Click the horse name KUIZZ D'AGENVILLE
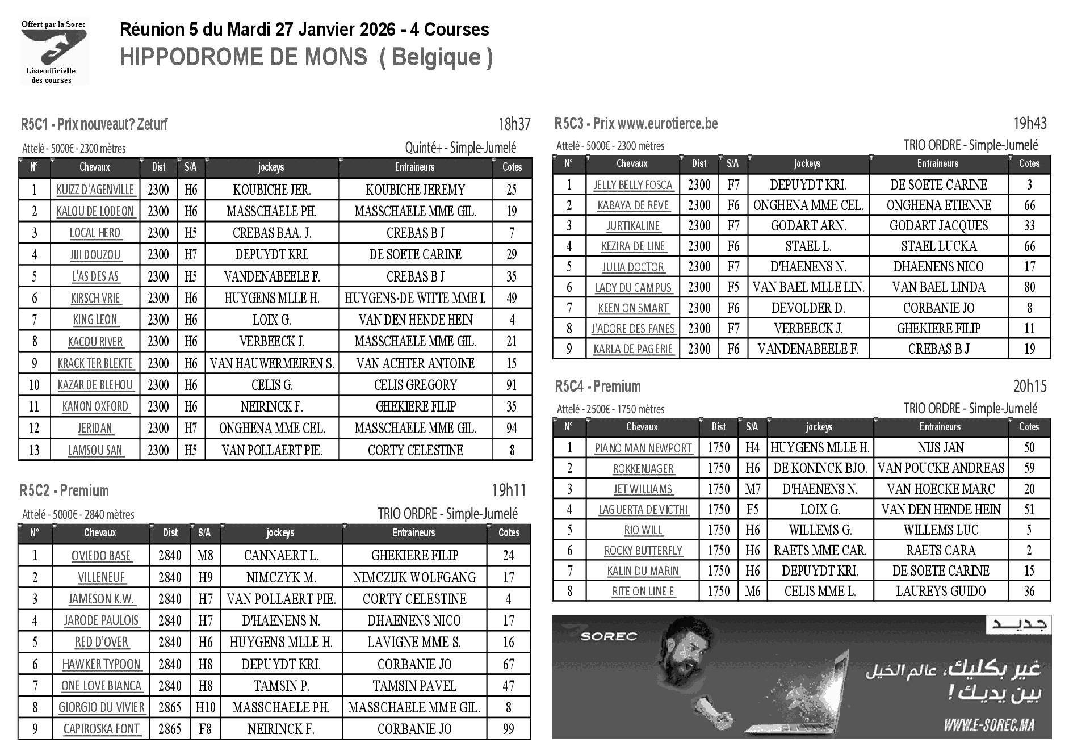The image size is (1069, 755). point(95,190)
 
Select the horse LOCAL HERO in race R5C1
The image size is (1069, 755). point(95,233)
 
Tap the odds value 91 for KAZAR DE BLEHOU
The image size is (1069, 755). point(512,385)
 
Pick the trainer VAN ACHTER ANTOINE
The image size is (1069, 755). point(415,363)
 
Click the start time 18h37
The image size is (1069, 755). point(514,124)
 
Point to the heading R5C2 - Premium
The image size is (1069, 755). point(64,490)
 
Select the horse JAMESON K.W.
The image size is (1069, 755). point(101,599)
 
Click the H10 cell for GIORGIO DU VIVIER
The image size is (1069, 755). point(205,707)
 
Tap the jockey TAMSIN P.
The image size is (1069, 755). point(281,686)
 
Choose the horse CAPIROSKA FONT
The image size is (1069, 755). point(101,729)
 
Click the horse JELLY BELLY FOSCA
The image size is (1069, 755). point(632,185)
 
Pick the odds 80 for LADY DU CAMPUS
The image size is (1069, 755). point(1029,287)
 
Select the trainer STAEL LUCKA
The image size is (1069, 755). point(938,246)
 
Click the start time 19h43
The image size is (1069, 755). point(1029,123)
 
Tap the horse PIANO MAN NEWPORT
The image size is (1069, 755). point(643,448)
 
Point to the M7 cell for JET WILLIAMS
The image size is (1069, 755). point(752,489)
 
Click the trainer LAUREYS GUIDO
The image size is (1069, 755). point(940,591)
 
